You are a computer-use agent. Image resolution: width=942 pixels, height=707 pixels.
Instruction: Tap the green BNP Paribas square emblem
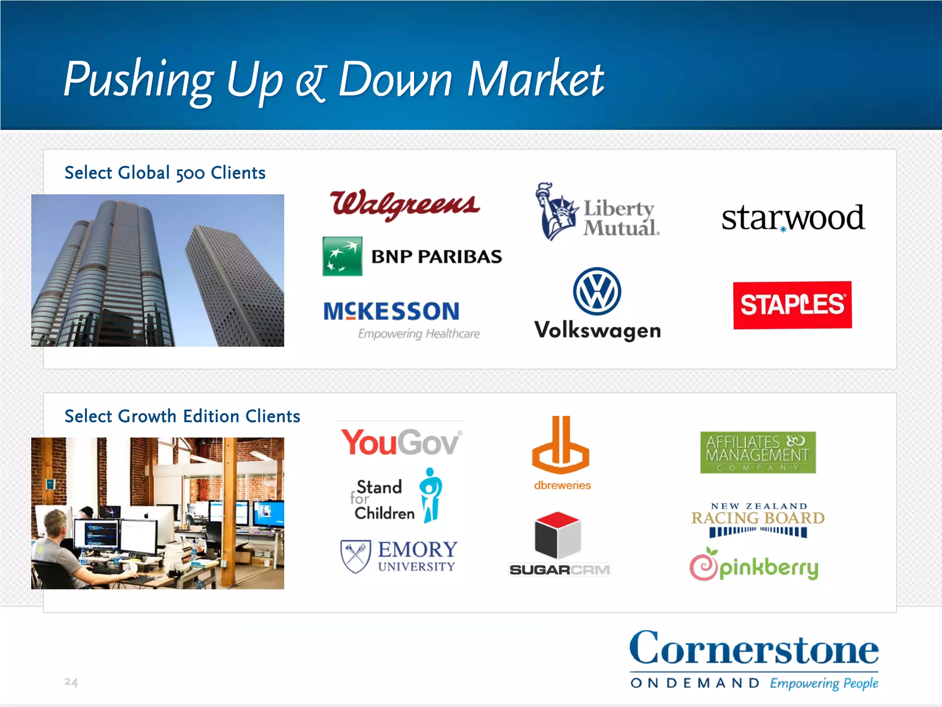click(x=342, y=256)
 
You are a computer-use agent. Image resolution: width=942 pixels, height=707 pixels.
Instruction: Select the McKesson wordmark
click(x=391, y=311)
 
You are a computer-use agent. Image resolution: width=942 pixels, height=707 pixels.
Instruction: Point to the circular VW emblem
click(x=597, y=291)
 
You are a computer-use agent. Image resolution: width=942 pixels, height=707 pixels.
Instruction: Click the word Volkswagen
click(x=597, y=330)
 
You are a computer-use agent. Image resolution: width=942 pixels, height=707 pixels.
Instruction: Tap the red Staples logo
click(x=792, y=305)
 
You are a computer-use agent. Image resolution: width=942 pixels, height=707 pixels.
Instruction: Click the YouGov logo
click(x=401, y=442)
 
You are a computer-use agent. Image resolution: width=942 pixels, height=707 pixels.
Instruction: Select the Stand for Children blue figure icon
click(x=431, y=495)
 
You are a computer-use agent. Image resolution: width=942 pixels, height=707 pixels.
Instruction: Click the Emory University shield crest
click(x=356, y=556)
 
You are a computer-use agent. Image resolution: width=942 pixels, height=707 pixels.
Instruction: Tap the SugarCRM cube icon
click(x=557, y=534)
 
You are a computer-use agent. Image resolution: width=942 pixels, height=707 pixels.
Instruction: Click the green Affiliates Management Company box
click(x=758, y=452)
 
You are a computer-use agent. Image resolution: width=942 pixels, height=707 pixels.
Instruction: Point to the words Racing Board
click(x=758, y=518)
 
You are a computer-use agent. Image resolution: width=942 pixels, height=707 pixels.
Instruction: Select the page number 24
click(x=71, y=682)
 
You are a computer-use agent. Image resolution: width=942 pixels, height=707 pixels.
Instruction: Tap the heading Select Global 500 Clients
click(x=165, y=173)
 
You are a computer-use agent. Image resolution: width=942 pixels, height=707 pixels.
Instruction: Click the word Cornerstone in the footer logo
click(x=754, y=649)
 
